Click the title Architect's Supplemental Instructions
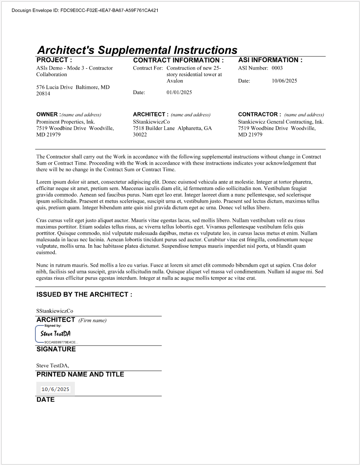click(137, 50)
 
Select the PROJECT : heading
click(54, 60)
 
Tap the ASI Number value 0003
click(277, 68)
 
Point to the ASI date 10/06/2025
click(284, 81)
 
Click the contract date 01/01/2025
click(179, 92)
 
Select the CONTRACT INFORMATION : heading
click(178, 60)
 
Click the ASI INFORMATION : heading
click(270, 60)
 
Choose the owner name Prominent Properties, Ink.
click(66, 122)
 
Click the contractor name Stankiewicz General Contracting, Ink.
click(281, 122)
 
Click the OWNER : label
click(48, 115)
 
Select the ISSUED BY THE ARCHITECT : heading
click(84, 295)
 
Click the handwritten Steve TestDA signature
click(55, 334)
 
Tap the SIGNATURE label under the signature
click(56, 349)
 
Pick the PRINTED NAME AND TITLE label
click(80, 374)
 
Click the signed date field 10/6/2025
click(55, 389)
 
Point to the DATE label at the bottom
click(46, 400)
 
